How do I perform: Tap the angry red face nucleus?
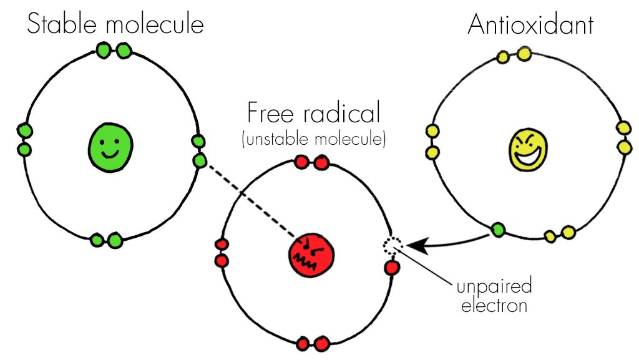pos(310,255)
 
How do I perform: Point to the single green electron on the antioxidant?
pos(498,231)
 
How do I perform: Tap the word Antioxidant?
pos(530,24)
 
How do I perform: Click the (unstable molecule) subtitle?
pos(313,138)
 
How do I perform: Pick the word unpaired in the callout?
pos(494,288)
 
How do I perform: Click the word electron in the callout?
pos(499,306)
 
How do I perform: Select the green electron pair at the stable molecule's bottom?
pos(105,240)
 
